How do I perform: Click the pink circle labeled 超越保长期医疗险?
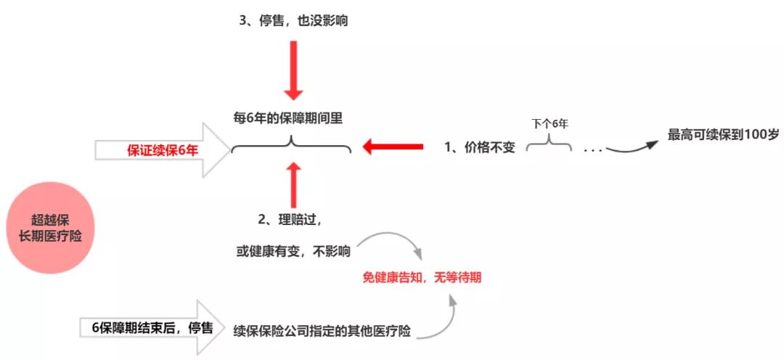(51, 227)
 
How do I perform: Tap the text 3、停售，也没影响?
(293, 22)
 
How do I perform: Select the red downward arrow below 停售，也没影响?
(293, 70)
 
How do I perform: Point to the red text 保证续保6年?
(163, 150)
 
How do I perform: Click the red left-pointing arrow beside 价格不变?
(393, 147)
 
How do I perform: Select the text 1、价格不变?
(480, 147)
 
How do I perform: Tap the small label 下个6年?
(550, 124)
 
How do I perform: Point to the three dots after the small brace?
(592, 150)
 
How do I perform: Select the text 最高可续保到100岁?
(723, 135)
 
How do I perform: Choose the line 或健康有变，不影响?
(293, 252)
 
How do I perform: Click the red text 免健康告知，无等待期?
(422, 277)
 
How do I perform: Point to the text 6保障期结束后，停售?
(153, 328)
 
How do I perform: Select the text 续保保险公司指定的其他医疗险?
(322, 332)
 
